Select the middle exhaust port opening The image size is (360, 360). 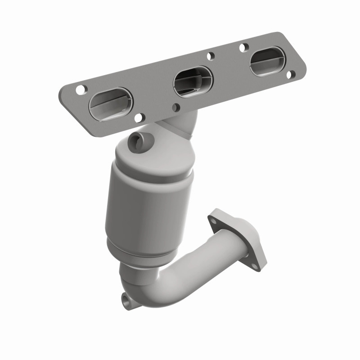[x=193, y=81]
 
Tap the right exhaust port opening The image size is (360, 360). [x=267, y=61]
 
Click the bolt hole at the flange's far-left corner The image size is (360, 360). [x=80, y=90]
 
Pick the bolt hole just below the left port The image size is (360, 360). [x=139, y=118]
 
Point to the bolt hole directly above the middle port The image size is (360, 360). [x=210, y=57]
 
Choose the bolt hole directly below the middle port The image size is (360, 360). [x=176, y=107]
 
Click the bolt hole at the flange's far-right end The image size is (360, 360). [x=291, y=74]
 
